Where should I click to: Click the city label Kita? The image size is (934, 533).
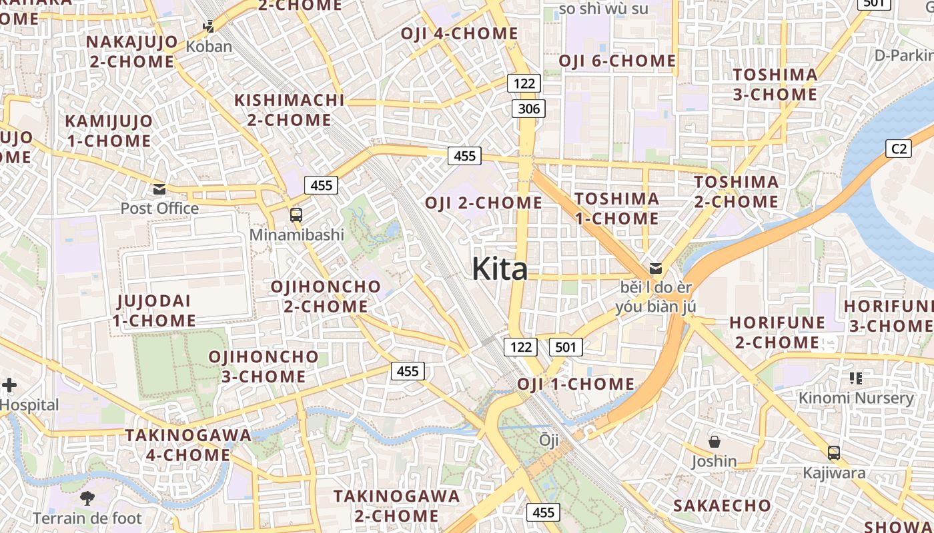point(500,269)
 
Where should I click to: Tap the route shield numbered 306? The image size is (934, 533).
point(528,109)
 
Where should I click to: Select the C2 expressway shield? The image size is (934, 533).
point(899,149)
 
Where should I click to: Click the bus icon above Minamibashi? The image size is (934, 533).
point(296,215)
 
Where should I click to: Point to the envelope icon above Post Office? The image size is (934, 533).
point(159,189)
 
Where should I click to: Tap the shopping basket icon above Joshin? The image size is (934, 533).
point(715,442)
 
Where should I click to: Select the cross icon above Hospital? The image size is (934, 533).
point(9,385)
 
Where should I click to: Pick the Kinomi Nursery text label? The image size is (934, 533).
point(856,398)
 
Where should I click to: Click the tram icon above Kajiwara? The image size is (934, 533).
point(834,453)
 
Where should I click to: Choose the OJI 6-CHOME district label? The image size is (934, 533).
point(617,61)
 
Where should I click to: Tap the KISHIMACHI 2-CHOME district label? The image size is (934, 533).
point(289,110)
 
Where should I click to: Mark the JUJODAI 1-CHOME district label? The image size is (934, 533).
point(154,310)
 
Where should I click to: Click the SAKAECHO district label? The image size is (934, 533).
point(722,505)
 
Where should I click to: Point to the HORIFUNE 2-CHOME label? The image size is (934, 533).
point(777,332)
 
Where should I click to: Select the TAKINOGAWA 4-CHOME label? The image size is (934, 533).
point(188,445)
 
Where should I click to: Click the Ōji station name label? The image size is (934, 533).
point(549,440)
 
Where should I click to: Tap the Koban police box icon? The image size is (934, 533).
point(209,27)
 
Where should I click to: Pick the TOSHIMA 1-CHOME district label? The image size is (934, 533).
point(616,208)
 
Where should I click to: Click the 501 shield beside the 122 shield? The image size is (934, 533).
point(566,346)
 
